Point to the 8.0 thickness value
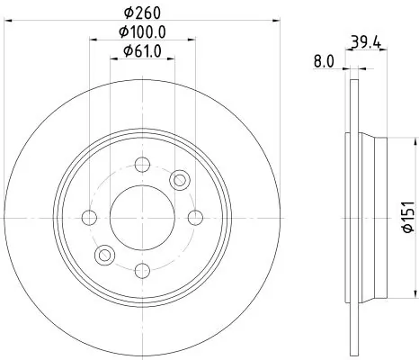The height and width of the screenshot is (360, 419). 325,62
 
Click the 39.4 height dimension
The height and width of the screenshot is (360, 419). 364,41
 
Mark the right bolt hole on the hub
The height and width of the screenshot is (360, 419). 195,216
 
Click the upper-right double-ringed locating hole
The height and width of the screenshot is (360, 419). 180,180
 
